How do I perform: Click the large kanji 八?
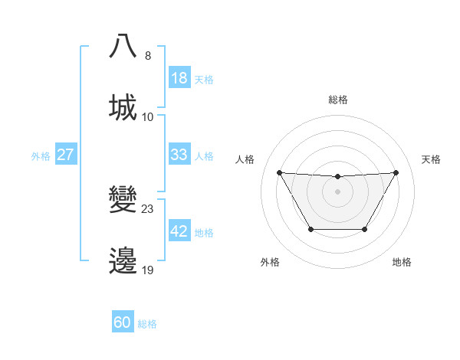(123, 47)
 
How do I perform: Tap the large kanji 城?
(123, 107)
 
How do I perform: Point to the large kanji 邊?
(123, 261)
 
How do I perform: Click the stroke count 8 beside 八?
(148, 55)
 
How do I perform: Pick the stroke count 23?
(148, 208)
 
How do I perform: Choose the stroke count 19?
(148, 270)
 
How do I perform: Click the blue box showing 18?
(179, 78)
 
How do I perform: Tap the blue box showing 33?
(179, 155)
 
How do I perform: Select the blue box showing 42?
(179, 231)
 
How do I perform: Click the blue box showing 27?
(65, 155)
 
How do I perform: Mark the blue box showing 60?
(123, 322)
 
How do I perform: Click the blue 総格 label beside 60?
(147, 324)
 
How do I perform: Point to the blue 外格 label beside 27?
(41, 156)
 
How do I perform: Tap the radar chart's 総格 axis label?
(337, 100)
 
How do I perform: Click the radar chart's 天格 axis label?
(431, 159)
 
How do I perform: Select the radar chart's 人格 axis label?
(245, 159)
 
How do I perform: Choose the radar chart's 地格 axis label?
(402, 262)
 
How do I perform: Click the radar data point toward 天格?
(396, 172)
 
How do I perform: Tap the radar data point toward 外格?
(310, 229)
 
